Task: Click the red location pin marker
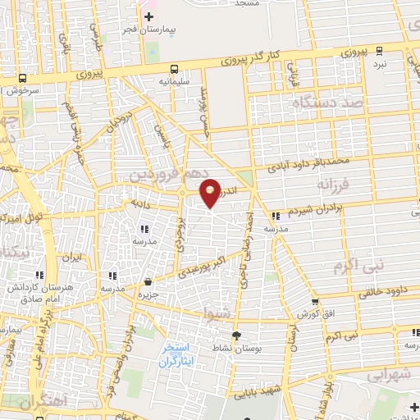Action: [x=211, y=191]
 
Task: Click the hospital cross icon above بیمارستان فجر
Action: [x=149, y=16]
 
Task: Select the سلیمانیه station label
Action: [x=176, y=82]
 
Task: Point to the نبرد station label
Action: [x=379, y=62]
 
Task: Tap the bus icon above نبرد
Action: [x=379, y=50]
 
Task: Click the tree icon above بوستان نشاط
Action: [x=237, y=336]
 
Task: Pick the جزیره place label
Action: [x=147, y=294]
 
